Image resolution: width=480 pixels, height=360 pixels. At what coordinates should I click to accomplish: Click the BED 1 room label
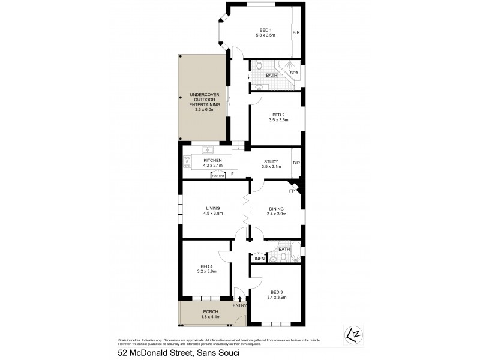265,31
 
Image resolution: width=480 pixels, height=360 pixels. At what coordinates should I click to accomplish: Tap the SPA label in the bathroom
293,73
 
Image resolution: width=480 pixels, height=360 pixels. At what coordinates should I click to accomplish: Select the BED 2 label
278,115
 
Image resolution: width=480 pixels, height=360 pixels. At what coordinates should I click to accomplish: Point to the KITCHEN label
213,160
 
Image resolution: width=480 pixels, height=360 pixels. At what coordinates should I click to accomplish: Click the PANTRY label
218,175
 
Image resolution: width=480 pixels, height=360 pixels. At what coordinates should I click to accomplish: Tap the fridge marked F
233,175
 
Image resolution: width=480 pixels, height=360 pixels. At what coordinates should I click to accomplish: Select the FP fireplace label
292,191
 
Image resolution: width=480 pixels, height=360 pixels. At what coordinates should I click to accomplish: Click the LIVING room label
213,208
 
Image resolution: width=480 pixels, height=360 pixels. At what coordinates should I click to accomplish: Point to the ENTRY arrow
240,299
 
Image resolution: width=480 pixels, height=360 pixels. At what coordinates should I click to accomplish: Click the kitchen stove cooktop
187,161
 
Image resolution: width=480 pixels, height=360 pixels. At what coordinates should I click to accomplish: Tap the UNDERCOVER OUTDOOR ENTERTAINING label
203,101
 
